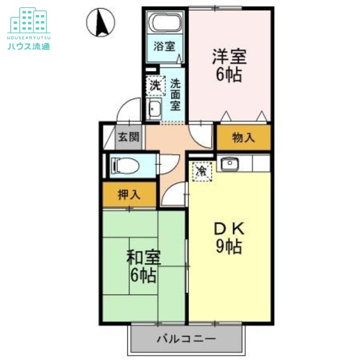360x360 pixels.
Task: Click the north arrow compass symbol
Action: click(x=100, y=22)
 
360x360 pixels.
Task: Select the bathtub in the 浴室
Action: click(x=165, y=22)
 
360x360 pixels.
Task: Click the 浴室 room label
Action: click(x=164, y=46)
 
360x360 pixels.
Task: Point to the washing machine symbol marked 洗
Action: click(x=156, y=85)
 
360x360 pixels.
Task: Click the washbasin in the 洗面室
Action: click(x=154, y=109)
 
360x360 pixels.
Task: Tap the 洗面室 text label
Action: click(x=175, y=94)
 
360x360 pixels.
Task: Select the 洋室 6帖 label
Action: click(x=229, y=65)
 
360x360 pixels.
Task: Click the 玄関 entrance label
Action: click(x=129, y=137)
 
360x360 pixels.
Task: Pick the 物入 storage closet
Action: click(x=243, y=138)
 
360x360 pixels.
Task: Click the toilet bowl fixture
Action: click(x=125, y=166)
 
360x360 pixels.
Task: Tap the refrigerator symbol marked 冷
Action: click(x=202, y=171)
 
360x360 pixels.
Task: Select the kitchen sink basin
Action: click(x=229, y=164)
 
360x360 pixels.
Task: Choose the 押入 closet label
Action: click(x=129, y=195)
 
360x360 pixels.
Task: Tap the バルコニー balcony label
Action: click(x=186, y=339)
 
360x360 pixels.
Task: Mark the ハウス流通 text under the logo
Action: click(x=29, y=46)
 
